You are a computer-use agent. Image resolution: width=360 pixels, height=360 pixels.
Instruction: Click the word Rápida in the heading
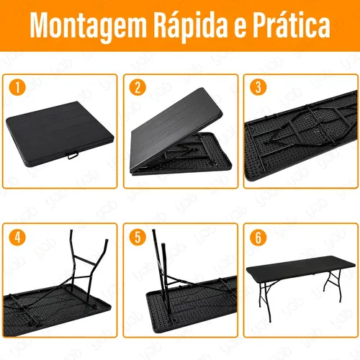pyautogui.click(x=189, y=24)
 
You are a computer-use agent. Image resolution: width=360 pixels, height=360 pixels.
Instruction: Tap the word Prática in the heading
pyautogui.click(x=292, y=24)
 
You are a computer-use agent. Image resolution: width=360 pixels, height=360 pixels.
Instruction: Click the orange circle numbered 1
pyautogui.click(x=17, y=87)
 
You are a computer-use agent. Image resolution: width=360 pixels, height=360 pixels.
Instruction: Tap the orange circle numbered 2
pyautogui.click(x=138, y=87)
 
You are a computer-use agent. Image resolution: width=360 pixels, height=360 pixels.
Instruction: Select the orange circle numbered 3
pyautogui.click(x=258, y=87)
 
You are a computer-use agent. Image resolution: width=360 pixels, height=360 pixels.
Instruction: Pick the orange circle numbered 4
pyautogui.click(x=17, y=237)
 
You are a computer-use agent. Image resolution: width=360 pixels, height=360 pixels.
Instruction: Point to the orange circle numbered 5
pyautogui.click(x=138, y=237)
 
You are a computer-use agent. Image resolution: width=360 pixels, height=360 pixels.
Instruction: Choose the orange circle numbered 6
pyautogui.click(x=258, y=237)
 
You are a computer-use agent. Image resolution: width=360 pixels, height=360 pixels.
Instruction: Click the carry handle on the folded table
pyautogui.click(x=73, y=155)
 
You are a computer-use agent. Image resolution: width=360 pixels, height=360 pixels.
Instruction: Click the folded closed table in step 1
pyautogui.click(x=60, y=133)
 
